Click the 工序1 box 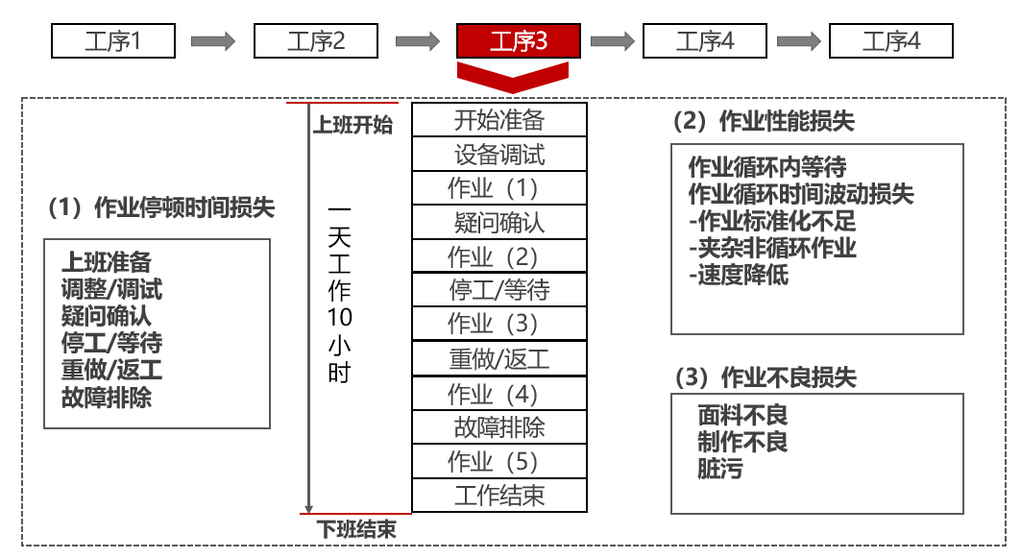click(112, 41)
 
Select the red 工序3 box click(519, 41)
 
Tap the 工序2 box click(315, 41)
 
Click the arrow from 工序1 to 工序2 click(213, 41)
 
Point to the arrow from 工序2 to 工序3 click(418, 41)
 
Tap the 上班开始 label click(352, 125)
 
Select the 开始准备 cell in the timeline click(498, 120)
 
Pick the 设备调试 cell click(498, 154)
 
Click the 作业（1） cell click(498, 188)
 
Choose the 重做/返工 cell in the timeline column click(498, 359)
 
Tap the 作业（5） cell click(498, 462)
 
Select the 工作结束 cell click(498, 496)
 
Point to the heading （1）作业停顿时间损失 click(160, 206)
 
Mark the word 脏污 click(720, 469)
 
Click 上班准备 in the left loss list click(107, 262)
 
